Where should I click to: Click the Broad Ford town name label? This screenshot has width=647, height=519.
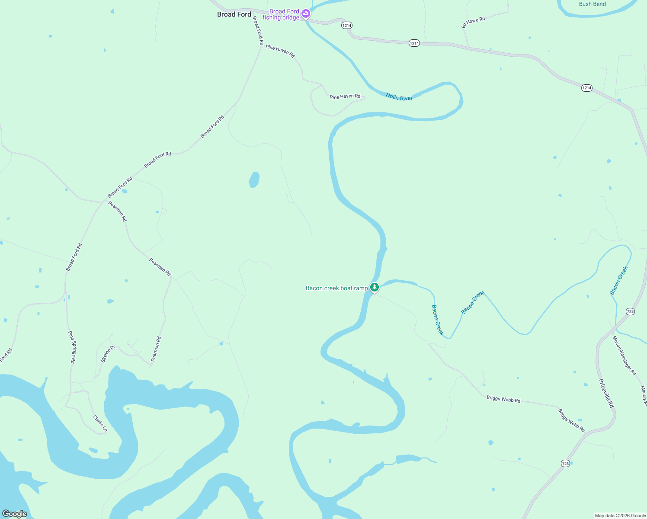tap(234, 14)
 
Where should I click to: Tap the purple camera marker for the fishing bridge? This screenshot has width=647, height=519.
tap(306, 14)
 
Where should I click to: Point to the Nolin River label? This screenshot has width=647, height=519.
tap(399, 97)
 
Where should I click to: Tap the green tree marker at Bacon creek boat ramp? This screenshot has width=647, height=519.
tap(375, 287)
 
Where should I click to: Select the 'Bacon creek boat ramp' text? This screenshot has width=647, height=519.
tap(336, 288)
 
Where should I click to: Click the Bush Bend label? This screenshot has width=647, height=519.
tap(592, 4)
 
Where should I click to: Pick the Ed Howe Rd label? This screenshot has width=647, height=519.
tap(473, 22)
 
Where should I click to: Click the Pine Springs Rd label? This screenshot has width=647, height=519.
tap(72, 347)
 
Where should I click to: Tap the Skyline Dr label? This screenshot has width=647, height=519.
tap(108, 354)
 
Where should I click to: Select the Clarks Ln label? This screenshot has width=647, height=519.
tap(100, 423)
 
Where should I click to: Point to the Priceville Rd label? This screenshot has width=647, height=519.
tap(606, 393)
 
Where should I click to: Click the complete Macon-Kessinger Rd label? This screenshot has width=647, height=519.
tap(624, 355)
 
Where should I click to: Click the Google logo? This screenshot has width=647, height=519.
tap(14, 514)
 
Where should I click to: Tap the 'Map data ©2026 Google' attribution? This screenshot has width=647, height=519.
tap(620, 516)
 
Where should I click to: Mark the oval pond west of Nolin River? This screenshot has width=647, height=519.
tap(254, 180)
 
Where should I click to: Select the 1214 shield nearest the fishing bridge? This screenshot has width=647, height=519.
tap(346, 26)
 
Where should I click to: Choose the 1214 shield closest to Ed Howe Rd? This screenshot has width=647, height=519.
tap(414, 43)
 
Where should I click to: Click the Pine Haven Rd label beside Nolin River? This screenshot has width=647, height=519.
tap(345, 96)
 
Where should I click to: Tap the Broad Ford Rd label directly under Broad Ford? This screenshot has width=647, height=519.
tap(258, 31)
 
